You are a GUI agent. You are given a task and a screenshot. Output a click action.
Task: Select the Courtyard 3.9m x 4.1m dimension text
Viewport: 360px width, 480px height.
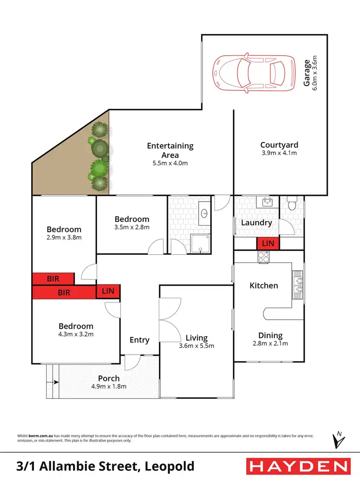[x=279, y=153]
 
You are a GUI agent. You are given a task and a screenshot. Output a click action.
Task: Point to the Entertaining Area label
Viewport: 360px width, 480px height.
[x=170, y=150]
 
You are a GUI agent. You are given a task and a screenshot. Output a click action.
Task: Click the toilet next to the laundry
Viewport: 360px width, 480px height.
[x=291, y=205]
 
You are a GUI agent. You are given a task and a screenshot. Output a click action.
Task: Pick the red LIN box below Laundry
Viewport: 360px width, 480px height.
[x=268, y=243]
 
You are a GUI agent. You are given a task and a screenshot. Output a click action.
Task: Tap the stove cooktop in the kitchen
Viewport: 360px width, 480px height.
[x=264, y=258]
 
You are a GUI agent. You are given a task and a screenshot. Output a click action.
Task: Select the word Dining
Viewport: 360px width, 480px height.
[x=270, y=336]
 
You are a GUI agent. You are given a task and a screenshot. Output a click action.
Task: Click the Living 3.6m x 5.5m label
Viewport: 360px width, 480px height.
[x=197, y=341]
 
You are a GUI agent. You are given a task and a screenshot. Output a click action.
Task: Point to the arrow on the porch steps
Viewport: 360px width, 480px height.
[x=56, y=383]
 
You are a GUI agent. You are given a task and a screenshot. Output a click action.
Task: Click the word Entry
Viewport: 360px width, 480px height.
[x=140, y=340]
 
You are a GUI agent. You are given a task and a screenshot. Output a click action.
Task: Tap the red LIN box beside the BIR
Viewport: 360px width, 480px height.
[x=108, y=291]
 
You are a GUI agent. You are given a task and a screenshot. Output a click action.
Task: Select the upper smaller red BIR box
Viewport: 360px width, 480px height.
[x=53, y=278]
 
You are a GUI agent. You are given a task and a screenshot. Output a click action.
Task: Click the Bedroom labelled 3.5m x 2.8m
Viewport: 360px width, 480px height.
[x=132, y=223]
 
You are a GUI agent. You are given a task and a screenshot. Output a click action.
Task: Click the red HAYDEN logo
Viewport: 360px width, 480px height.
[x=298, y=466]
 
